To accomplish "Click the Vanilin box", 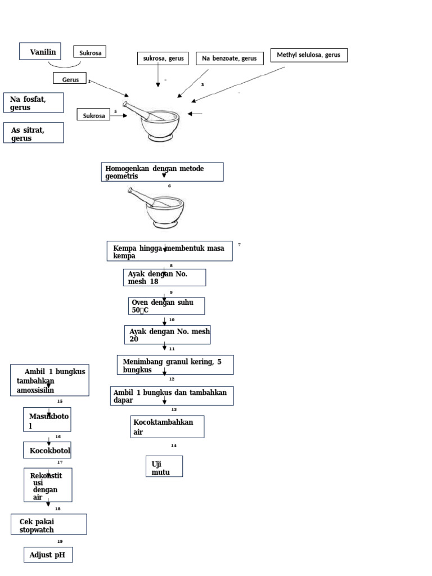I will (x=40, y=51).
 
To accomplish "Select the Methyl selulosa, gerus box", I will (x=309, y=55).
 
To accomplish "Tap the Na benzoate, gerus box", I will (x=229, y=58).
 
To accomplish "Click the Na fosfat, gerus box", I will (x=33, y=103).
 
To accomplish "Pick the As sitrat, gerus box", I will (x=33, y=133).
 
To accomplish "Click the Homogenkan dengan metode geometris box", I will (x=162, y=172).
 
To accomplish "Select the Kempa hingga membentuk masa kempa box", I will (x=169, y=251).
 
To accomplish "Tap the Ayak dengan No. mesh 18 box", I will (x=164, y=277).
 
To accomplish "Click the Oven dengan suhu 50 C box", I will (x=166, y=306).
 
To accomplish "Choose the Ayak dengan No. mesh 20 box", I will (x=167, y=335).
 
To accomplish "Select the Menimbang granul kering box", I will (x=175, y=365).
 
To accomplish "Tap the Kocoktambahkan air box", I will (x=167, y=427).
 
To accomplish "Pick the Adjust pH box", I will (x=48, y=555).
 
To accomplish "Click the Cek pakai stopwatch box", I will (x=49, y=525).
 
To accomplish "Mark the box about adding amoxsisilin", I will (x=49, y=380).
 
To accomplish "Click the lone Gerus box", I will (x=70, y=79).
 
